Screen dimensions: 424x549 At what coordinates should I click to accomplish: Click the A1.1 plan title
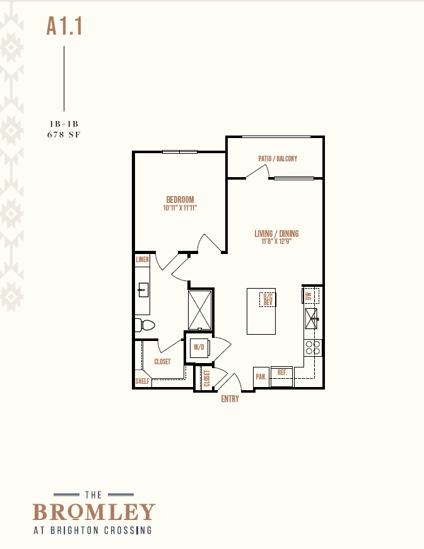[64, 26]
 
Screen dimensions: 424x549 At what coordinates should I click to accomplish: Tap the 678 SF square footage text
[64, 134]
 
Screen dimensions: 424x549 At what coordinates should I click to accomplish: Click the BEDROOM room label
[180, 200]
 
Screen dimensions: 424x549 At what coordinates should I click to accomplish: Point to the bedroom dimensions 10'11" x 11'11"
[180, 207]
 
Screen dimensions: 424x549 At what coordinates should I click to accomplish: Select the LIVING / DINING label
[276, 234]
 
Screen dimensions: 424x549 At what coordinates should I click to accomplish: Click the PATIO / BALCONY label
[278, 159]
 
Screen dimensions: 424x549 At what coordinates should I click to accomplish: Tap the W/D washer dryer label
[199, 347]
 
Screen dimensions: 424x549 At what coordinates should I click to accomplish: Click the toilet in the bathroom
[145, 325]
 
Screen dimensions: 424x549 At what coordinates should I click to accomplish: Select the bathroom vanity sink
[143, 290]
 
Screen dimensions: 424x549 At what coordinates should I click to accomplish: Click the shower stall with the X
[200, 310]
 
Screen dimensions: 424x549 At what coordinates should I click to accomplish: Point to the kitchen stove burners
[313, 348]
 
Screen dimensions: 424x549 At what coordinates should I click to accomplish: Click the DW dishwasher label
[309, 296]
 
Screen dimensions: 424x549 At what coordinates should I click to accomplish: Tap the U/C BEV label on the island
[268, 299]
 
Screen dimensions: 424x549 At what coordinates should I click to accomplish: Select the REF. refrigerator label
[282, 373]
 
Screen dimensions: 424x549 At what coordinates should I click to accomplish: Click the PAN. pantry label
[261, 377]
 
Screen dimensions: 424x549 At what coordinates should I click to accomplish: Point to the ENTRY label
[230, 399]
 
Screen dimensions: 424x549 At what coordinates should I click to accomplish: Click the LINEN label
[142, 260]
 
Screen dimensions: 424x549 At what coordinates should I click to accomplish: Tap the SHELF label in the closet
[142, 381]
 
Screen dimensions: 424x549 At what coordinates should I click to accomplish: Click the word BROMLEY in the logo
[94, 512]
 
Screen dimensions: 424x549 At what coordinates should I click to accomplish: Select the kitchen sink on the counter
[311, 318]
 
